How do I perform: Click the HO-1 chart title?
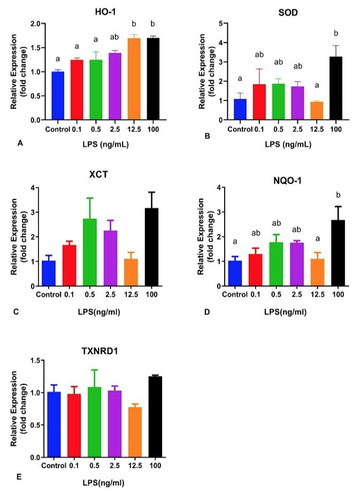coord(106,12)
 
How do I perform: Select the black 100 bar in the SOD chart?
coord(336,88)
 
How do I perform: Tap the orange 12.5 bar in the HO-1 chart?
coord(134,79)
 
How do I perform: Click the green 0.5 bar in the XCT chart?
coord(90,252)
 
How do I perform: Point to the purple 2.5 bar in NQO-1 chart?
coord(296,264)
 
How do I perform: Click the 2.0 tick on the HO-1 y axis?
coord(36,24)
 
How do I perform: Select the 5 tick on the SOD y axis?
coord(221,23)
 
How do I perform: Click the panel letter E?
coord(19,477)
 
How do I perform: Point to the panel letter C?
coord(16,312)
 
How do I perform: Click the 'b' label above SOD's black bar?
coord(336,33)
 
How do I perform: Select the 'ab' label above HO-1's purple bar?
coord(114,37)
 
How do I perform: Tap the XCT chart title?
coord(98,174)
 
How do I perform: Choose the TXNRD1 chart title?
coord(99,351)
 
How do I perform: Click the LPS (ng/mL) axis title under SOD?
coord(288,144)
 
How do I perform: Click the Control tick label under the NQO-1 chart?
coord(235,295)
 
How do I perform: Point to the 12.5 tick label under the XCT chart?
coord(131,295)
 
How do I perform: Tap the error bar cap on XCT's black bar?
coord(151,192)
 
